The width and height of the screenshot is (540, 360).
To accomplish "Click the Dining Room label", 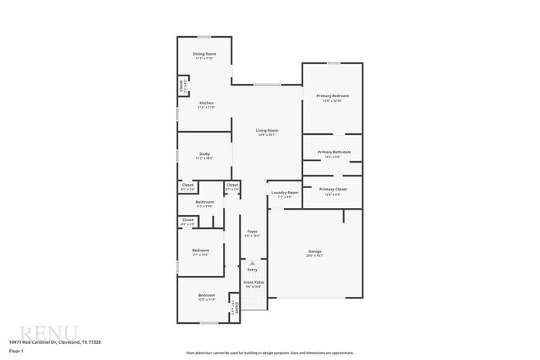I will click(204, 54).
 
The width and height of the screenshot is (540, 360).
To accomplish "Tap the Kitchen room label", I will click(206, 103).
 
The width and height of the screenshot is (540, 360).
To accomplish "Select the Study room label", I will click(204, 154).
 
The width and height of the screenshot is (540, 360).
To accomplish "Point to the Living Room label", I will click(267, 130).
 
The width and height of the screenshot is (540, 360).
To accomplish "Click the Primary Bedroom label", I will click(332, 96).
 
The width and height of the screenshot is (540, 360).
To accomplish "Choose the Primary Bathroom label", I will click(334, 152).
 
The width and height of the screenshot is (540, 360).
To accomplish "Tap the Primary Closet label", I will click(332, 189).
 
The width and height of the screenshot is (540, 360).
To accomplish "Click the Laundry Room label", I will click(285, 193).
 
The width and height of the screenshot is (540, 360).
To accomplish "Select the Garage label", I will click(315, 251).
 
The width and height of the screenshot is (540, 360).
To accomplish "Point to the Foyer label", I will click(252, 231).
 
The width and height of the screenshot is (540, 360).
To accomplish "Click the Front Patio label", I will click(252, 283).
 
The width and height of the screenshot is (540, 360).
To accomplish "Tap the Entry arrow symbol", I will click(252, 264).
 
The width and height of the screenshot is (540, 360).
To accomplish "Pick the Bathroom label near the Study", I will click(204, 202).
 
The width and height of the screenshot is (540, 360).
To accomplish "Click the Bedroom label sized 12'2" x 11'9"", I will click(206, 295).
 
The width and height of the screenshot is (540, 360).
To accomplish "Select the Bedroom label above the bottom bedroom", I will click(200, 251).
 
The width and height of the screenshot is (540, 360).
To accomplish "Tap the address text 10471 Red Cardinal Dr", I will click(55, 341).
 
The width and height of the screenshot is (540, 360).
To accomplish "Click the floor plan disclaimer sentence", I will click(269, 352).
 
